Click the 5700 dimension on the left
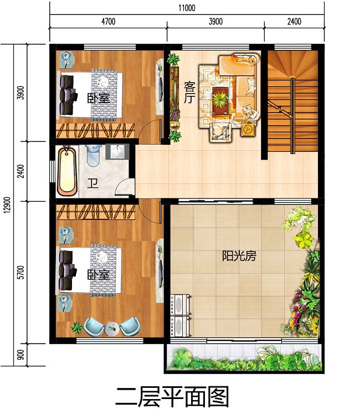tap(21, 273)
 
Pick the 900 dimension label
tap(21, 355)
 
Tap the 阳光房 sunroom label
tap(239, 256)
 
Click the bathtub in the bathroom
tap(67, 170)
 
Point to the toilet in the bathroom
tap(94, 154)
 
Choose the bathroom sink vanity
tap(117, 152)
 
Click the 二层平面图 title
tap(171, 398)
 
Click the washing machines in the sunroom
tap(181, 314)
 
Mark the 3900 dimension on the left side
tap(21, 93)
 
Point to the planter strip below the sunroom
tap(244, 357)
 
